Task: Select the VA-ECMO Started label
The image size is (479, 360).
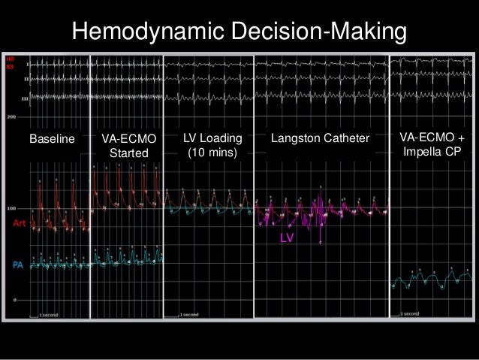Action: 125,147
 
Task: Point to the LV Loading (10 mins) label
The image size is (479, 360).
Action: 212,146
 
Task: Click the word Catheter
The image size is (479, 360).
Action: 348,139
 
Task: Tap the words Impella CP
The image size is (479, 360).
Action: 432,152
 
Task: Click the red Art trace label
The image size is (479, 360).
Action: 21,223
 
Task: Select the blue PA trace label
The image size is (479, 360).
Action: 18,265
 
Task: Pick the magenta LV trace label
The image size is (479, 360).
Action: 286,237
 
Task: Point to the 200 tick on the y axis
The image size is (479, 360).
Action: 11,117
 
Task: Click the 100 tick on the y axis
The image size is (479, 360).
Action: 11,208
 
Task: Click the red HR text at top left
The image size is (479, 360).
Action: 10,58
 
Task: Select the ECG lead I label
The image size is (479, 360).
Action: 27,65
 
